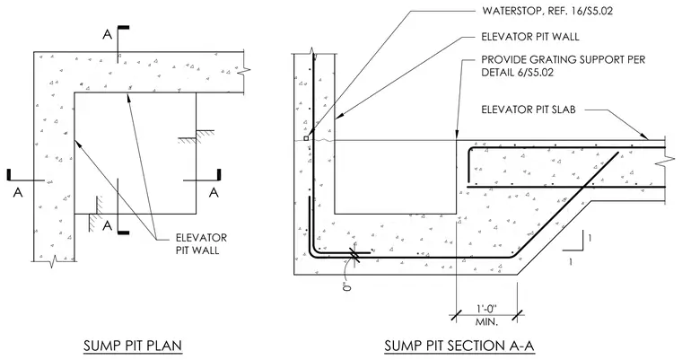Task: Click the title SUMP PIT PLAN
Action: coord(133,346)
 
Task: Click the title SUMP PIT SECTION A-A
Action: coord(459,346)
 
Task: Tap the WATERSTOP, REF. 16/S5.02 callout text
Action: coord(547,11)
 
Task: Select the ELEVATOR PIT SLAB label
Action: coord(529,110)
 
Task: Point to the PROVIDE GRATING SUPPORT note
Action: coord(564,66)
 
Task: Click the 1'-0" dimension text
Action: coord(486,309)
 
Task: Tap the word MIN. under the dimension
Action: coord(486,322)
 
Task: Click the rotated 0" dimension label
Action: coord(347,286)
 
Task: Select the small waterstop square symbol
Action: coord(306,138)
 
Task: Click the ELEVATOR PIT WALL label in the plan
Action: coord(201,244)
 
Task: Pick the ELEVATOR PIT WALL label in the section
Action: coord(530,37)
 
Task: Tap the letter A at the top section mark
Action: coord(107,34)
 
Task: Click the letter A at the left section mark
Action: coord(18,192)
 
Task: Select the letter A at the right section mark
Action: coord(214,192)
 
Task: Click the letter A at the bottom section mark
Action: coord(107,226)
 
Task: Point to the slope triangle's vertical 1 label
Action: coord(590,238)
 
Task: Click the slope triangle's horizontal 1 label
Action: coord(571,261)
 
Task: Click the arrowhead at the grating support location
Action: coord(456,135)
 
